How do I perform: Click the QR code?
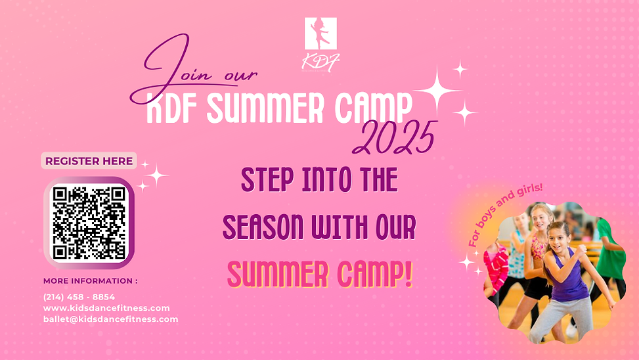89,222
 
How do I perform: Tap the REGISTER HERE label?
89,161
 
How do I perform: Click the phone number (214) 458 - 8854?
79,297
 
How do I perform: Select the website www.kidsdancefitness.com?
106,308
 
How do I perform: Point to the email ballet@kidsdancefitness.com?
110,319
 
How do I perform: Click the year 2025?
394,138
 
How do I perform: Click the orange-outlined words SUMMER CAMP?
320,275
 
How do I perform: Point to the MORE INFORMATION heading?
91,281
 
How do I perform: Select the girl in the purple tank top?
566,276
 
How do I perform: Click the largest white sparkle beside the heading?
437,92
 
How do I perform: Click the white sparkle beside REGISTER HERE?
156,175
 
